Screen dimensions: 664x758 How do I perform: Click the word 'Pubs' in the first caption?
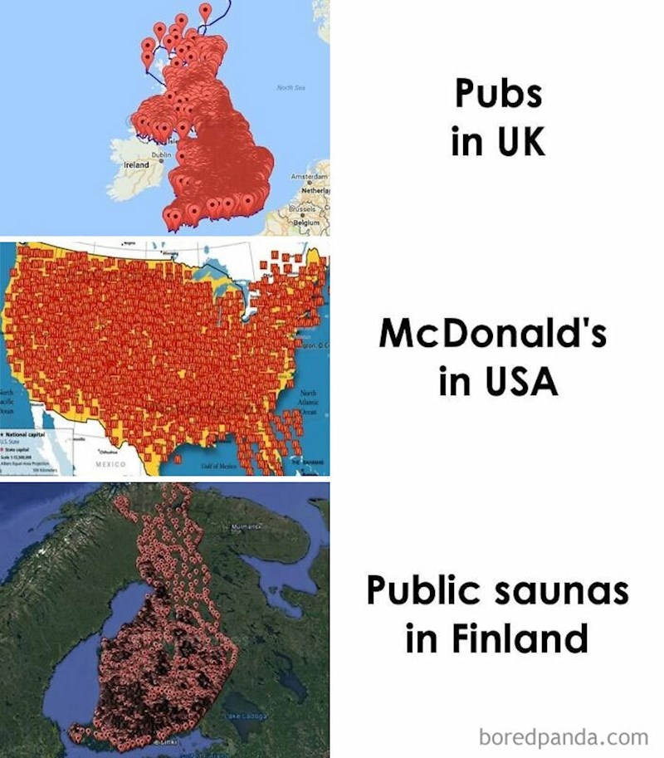pyautogui.click(x=498, y=94)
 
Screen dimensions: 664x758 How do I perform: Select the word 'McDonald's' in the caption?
pyautogui.click(x=493, y=335)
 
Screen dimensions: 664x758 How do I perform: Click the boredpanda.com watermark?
pyautogui.click(x=564, y=737)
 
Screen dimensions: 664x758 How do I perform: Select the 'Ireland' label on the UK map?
pyautogui.click(x=136, y=165)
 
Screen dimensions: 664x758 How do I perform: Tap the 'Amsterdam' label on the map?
pyautogui.click(x=310, y=178)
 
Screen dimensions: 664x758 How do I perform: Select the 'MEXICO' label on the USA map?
pyautogui.click(x=110, y=466)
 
